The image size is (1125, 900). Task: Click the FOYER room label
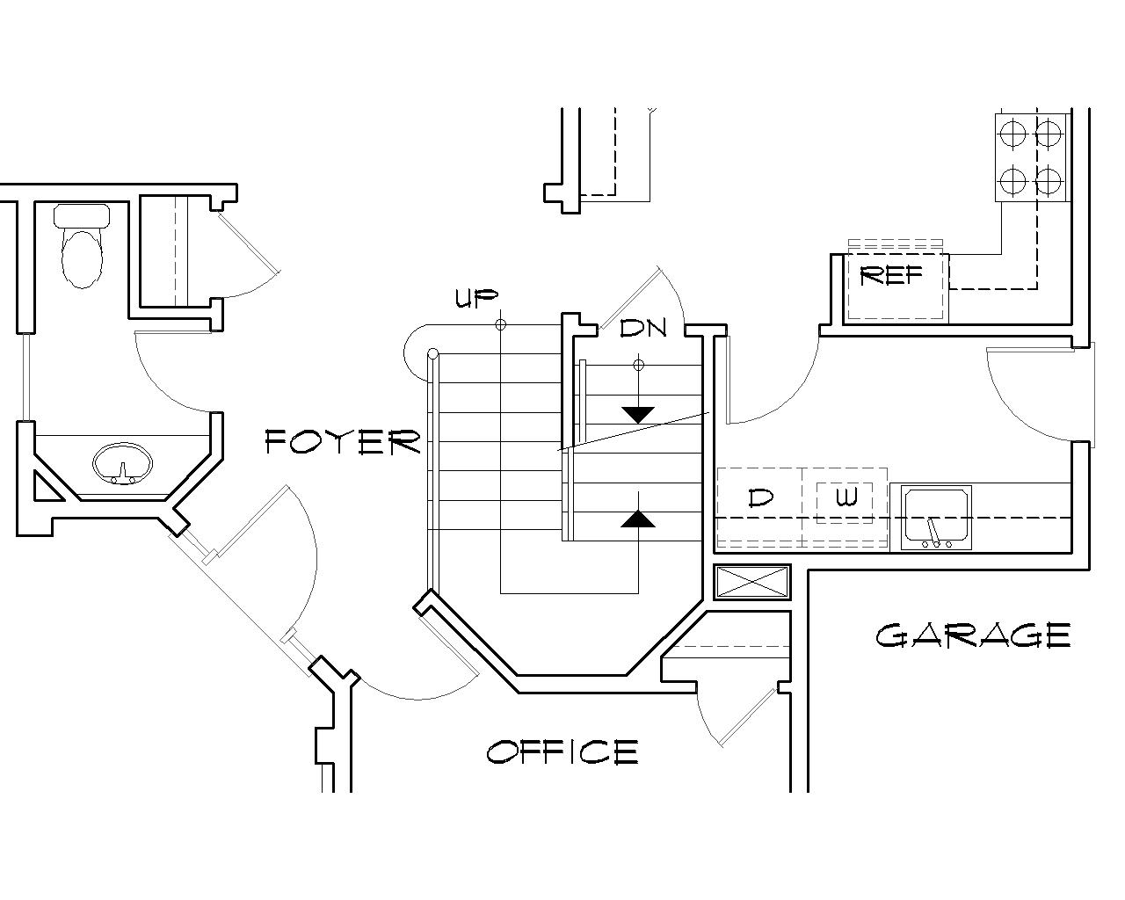[x=344, y=441]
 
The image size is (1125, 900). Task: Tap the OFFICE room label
[x=562, y=752]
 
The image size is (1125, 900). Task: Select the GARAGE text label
[x=973, y=635]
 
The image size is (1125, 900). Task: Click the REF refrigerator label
[x=891, y=276]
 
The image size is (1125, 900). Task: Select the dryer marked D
[x=759, y=498]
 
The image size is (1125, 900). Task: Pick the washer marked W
[x=845, y=500]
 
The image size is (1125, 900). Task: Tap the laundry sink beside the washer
[x=937, y=513]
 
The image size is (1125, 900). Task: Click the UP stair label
[x=476, y=299]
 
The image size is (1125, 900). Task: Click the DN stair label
[x=643, y=329]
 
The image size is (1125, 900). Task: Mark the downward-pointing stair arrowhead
[x=638, y=414]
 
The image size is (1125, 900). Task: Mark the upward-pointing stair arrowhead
[x=638, y=519]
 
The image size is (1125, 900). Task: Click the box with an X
[x=751, y=583]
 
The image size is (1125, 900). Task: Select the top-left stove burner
[x=1012, y=134]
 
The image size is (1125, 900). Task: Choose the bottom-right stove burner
[x=1049, y=181]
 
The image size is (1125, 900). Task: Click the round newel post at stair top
[x=432, y=354]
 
